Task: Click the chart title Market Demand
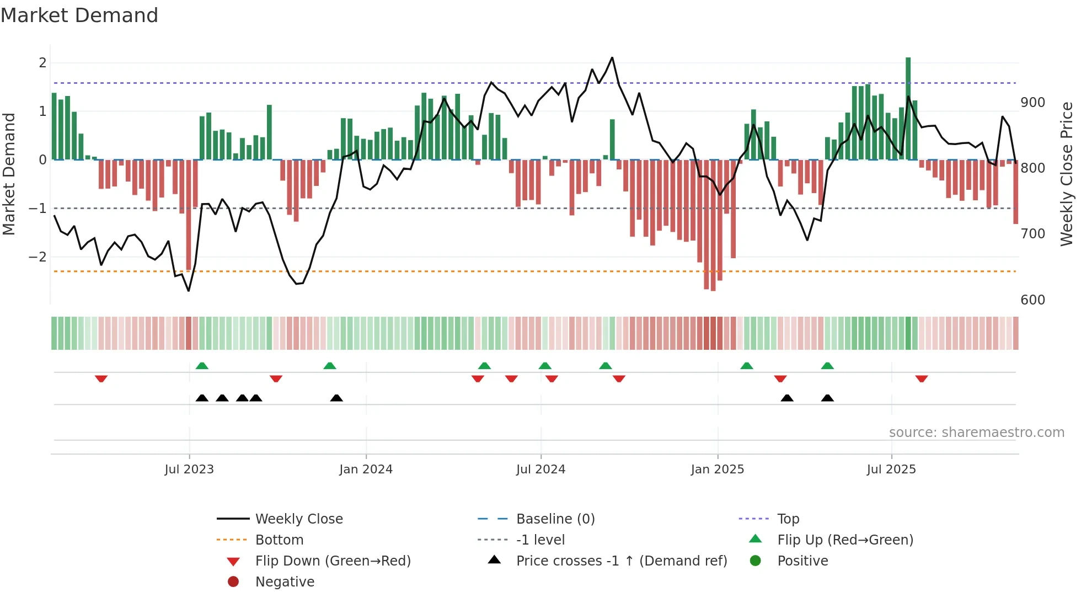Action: coord(79,15)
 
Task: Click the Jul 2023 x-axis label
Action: coord(189,470)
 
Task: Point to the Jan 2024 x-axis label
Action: coord(366,470)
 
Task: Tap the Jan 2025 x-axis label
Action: coord(717,470)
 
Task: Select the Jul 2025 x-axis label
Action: coord(891,470)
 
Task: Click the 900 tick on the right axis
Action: coord(1032,103)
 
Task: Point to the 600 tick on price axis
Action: coord(1032,300)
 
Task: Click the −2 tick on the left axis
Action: coord(38,257)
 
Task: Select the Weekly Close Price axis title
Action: coord(1067,174)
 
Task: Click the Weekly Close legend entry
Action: coord(298,519)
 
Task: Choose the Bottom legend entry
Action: coord(279,540)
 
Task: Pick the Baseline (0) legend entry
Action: coord(555,519)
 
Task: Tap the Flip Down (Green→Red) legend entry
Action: coord(333,561)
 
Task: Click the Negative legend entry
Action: coord(285,582)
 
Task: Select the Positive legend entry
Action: coord(802,561)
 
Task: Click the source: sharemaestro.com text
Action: coord(976,433)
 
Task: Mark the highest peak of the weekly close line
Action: coord(612,58)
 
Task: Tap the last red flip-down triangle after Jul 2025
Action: coord(922,378)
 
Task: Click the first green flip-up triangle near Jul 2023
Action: coord(202,366)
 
